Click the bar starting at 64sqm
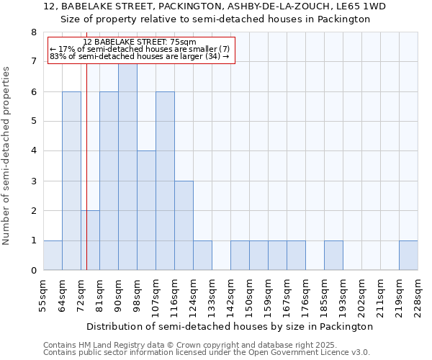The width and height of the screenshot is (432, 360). (71, 181)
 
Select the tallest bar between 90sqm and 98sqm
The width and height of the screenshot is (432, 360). (127, 166)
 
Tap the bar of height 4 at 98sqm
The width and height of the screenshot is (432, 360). (146, 210)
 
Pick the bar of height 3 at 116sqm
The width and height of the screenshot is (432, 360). (184, 225)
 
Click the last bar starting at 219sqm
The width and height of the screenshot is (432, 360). (408, 256)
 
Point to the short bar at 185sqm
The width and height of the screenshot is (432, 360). (333, 256)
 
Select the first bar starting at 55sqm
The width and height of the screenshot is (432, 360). (53, 256)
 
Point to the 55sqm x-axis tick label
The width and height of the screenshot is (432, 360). (43, 295)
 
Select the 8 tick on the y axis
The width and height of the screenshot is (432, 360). (33, 32)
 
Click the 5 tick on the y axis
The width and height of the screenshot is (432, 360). (33, 121)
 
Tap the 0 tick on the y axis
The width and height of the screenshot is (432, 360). (33, 271)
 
